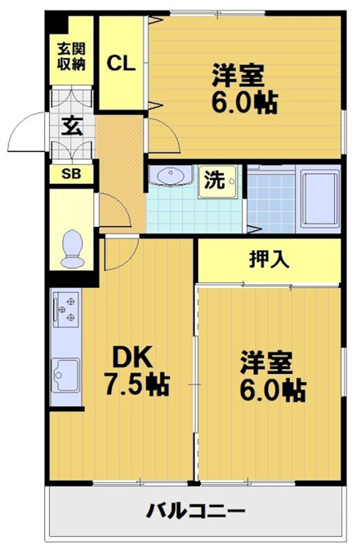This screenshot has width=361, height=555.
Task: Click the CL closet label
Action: click(121, 63)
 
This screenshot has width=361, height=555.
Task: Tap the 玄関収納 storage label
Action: click(72, 56)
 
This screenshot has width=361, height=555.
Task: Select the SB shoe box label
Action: click(71, 174)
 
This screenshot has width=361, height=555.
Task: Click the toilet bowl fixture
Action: click(72, 248)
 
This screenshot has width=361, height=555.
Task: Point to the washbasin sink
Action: click(171, 175)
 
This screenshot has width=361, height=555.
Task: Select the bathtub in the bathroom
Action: click(320, 199)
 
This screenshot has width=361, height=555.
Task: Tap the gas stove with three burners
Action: click(66, 309)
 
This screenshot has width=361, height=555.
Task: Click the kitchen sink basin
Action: click(65, 375)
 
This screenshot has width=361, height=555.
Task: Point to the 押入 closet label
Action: click(270, 260)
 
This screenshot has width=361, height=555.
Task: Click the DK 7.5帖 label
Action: click(136, 371)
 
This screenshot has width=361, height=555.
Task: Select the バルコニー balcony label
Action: click(196, 511)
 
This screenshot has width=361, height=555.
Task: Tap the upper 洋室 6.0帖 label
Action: click(244, 88)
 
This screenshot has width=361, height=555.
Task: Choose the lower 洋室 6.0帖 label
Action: click(273, 376)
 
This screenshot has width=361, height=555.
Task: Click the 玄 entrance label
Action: click(72, 126)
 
